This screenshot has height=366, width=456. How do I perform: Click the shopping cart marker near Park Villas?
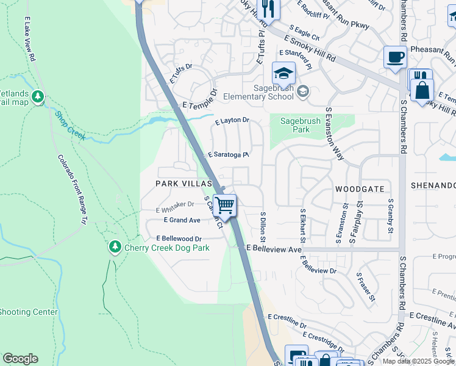pos(225,206)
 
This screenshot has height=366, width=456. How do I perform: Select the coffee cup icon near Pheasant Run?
pos(395,58)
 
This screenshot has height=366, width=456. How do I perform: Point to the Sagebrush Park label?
pos(300,126)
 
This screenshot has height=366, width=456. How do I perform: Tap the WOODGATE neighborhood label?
pos(357,190)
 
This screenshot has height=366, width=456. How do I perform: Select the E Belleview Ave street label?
pos(274,249)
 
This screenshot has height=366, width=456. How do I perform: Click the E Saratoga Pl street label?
pos(229,155)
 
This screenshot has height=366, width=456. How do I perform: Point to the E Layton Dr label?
pos(232,121)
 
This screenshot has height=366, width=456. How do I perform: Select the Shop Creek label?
pos(70,125)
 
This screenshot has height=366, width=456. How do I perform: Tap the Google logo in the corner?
pos(20,359)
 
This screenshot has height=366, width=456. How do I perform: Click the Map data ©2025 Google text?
pos(418,361)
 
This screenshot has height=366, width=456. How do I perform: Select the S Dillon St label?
pos(264,228)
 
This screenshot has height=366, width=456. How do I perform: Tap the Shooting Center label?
pos(28,312)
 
